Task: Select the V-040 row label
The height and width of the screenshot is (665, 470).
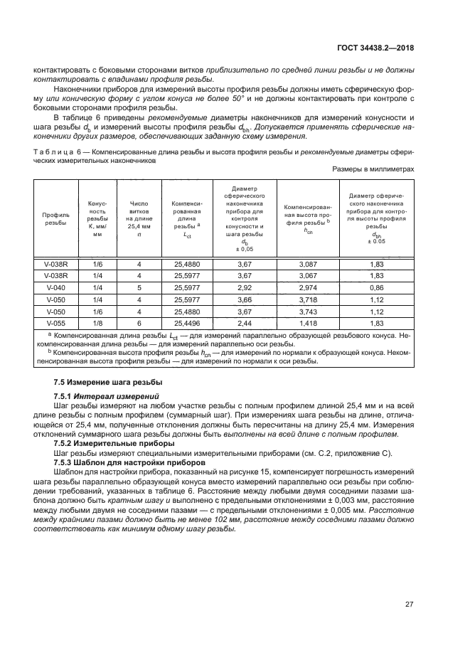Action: tap(55, 287)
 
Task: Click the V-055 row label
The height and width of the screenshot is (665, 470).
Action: tap(55, 323)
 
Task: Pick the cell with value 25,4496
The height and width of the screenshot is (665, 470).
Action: tap(187, 323)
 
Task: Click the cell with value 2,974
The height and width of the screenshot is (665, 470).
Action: tap(304, 287)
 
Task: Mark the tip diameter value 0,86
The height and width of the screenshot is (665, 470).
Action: tap(376, 287)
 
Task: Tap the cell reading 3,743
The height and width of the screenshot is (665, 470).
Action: tap(304, 311)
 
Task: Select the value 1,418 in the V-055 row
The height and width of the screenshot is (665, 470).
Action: tap(304, 323)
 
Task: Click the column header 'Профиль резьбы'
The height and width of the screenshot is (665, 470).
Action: tap(55, 218)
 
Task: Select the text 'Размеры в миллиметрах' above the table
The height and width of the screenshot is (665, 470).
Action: tap(373, 170)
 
